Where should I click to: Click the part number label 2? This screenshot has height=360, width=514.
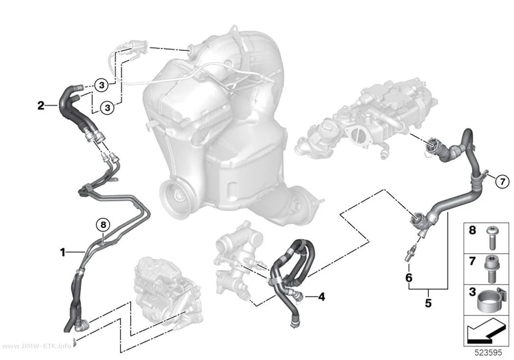pos(41,106)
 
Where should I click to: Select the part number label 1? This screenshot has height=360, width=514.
pos(62,252)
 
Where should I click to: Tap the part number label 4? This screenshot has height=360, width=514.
pos(322,297)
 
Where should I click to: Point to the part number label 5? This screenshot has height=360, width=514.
pos(428,303)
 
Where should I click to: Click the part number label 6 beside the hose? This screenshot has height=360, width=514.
pos(409,278)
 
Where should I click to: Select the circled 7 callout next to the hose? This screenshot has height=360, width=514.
pos(502,181)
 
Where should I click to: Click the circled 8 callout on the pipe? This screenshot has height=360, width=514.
pos(103,225)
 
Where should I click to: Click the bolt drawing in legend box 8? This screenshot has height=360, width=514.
pos(491,238)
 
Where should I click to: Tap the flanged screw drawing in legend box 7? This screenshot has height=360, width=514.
pos(491,269)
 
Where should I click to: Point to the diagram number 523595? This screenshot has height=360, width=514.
pos(489,353)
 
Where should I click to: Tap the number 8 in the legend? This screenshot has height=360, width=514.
pos(472,230)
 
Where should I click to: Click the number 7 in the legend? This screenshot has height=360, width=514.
pos(472,262)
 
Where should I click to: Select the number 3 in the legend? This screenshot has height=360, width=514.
pos(472,292)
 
